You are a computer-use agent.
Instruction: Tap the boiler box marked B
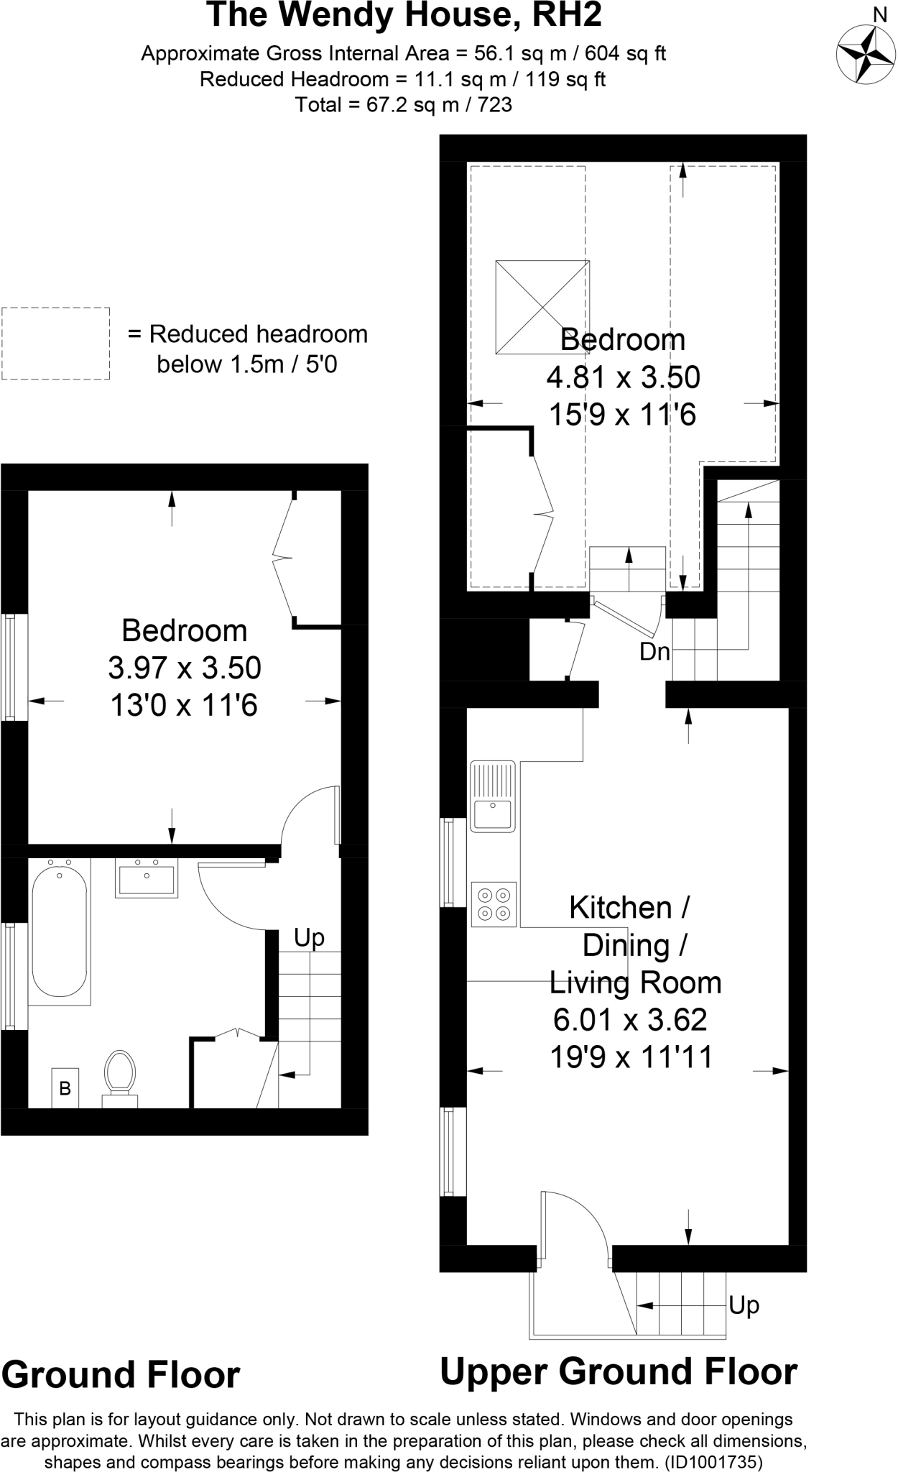[x=65, y=1088]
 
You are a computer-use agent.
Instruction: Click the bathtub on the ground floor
[x=60, y=931]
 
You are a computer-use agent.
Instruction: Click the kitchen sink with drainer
[x=493, y=796]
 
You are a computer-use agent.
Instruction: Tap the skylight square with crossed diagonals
[x=542, y=307]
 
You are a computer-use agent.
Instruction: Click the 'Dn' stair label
[x=654, y=652]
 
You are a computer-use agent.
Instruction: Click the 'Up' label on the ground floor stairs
[x=309, y=937]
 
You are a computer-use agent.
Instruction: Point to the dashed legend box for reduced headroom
[x=55, y=344]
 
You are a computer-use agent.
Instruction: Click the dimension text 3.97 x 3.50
[x=185, y=668]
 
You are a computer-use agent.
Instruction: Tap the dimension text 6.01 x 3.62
[x=630, y=1019]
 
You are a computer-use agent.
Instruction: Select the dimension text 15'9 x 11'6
[x=623, y=415]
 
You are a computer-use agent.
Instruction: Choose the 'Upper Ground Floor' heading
[x=618, y=1371]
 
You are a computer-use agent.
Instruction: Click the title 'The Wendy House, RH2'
[x=404, y=16]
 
